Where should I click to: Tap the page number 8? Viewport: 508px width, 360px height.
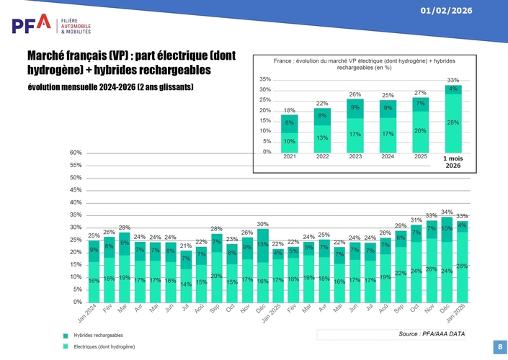click(x=499, y=347)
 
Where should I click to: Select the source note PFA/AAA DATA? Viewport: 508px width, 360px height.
click(x=432, y=334)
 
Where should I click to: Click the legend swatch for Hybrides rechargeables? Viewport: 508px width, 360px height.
click(x=66, y=336)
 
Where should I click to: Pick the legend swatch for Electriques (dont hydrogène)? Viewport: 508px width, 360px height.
click(x=66, y=347)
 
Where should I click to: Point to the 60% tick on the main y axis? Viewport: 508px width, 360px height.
click(x=76, y=153)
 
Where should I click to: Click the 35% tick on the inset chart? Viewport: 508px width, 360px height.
click(x=265, y=79)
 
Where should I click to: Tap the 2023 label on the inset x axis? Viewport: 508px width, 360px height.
click(x=355, y=156)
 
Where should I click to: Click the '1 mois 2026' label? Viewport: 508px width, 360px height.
click(x=453, y=161)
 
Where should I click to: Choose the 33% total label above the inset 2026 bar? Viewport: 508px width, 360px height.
click(x=453, y=80)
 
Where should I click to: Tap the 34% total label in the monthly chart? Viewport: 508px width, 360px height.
click(x=447, y=212)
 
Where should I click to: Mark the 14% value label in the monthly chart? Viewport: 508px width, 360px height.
click(x=186, y=284)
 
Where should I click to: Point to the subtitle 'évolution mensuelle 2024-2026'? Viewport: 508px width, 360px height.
click(x=110, y=88)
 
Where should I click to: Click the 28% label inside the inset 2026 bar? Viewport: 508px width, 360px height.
click(x=453, y=122)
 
